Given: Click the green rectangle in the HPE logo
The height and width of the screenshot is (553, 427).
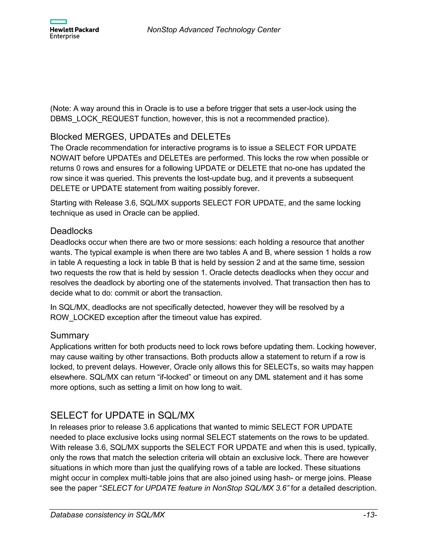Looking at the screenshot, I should (58, 22).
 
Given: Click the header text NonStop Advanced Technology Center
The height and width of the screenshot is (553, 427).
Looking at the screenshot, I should (213, 30).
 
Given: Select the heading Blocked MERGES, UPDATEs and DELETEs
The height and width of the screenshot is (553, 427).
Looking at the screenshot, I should (140, 137).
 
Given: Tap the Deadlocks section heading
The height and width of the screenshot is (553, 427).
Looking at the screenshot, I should (71, 231).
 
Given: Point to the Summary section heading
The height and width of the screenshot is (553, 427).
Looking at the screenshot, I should (70, 335).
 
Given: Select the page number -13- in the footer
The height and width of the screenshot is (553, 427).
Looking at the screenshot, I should (370, 515).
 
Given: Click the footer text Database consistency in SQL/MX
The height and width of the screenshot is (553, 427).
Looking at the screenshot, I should (108, 515).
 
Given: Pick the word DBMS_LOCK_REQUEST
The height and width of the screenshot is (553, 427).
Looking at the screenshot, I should (95, 119).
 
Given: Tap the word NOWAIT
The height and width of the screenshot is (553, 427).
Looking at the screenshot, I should (65, 158).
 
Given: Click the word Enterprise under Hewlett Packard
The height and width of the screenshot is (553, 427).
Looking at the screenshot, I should (65, 37).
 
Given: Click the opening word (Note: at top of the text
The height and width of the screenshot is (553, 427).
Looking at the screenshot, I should (61, 109).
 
